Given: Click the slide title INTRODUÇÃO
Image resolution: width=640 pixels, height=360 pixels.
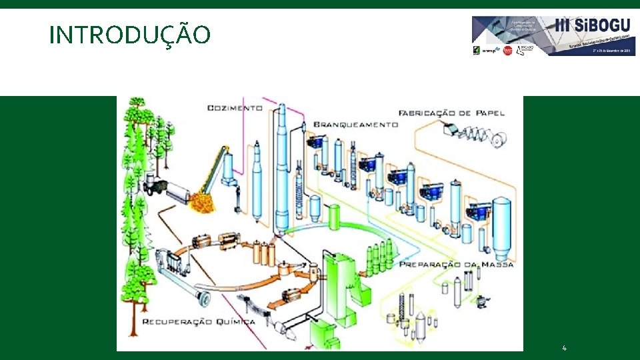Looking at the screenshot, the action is (x=130, y=35).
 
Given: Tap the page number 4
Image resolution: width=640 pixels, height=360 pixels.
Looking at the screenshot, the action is (x=565, y=348).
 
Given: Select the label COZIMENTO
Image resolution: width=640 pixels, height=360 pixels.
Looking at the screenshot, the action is (x=235, y=107).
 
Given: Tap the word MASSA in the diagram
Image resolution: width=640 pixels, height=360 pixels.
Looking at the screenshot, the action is (x=497, y=265).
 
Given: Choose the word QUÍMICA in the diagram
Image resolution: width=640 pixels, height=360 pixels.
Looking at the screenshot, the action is (x=230, y=321).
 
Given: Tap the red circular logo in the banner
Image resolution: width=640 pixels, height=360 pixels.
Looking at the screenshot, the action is (x=508, y=51).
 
